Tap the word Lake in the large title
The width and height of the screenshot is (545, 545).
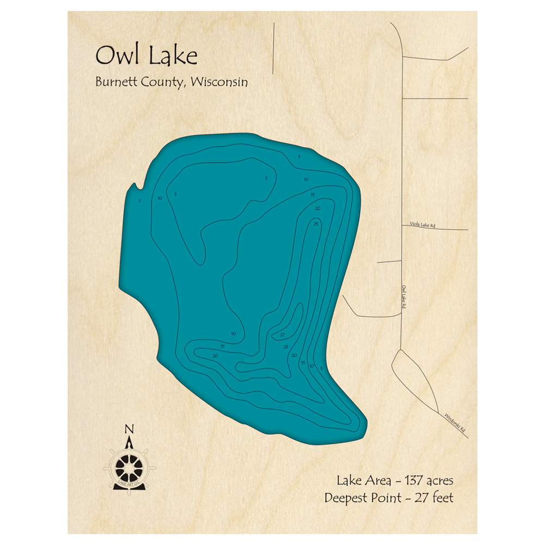tap(171, 56)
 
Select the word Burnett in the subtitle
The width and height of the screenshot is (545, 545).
tap(117, 82)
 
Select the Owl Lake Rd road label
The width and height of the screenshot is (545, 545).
tap(404, 297)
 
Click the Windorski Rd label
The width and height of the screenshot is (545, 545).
tap(455, 423)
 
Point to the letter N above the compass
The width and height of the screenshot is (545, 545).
tap(129, 428)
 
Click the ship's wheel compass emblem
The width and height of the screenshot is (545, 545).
tap(129, 466)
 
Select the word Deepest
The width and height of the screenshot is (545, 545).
tap(347, 498)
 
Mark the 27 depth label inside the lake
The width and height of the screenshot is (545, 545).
tap(282, 335)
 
